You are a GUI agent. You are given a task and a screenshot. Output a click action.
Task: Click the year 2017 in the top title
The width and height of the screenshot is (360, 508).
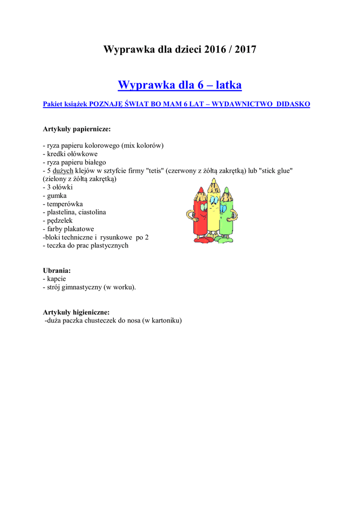click(245, 50)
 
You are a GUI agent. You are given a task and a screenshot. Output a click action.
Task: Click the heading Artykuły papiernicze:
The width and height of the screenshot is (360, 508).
click(77, 129)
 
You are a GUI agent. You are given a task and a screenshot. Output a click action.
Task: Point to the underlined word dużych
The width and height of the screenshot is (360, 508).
click(63, 171)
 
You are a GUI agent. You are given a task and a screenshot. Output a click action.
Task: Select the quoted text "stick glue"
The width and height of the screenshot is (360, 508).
click(276, 171)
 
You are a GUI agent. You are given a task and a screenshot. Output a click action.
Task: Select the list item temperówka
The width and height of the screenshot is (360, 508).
click(65, 204)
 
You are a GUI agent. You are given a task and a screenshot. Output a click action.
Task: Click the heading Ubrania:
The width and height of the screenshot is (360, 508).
click(57, 271)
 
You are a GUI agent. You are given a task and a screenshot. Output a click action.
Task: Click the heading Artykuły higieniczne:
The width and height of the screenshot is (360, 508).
click(76, 313)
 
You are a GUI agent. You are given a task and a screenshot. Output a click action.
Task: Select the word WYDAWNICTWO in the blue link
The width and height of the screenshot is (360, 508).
click(242, 104)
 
